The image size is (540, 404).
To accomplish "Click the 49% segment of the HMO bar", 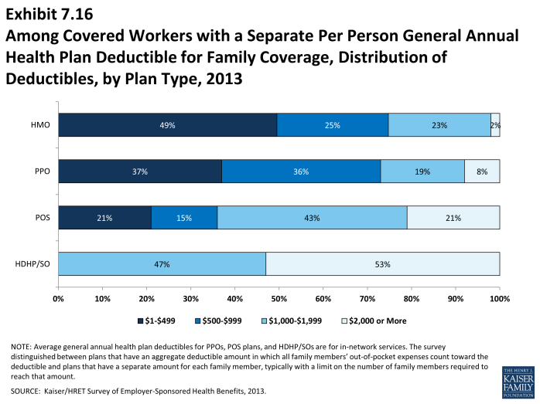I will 167,124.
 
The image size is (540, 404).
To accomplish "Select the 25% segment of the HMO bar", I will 333,124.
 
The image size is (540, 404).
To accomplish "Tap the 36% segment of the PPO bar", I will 301,171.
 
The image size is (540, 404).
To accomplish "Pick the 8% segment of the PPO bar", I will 482,171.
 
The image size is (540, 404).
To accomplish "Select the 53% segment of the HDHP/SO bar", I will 383,264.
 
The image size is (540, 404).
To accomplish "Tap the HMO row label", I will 40,124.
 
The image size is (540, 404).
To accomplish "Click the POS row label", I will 42,218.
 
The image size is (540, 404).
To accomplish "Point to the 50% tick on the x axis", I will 279,297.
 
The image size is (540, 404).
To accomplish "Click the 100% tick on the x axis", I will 499,297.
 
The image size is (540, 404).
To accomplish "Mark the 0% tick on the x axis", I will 58,297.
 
